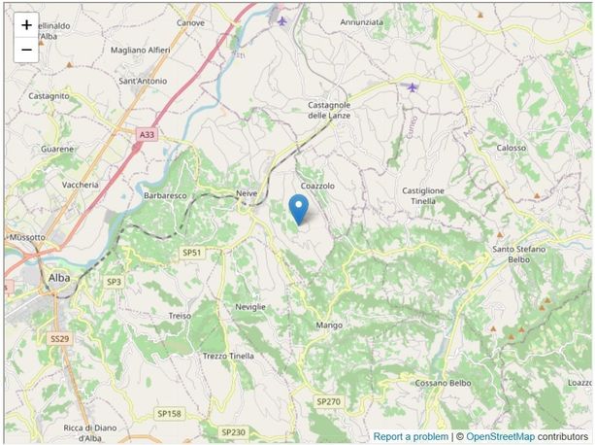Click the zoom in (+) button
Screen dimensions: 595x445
pyautogui.click(x=26, y=25)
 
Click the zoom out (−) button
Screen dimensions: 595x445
pyautogui.click(x=26, y=50)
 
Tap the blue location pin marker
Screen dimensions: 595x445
pyautogui.click(x=299, y=208)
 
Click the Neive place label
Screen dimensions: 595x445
pyautogui.click(x=248, y=194)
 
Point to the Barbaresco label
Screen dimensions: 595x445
pyautogui.click(x=164, y=194)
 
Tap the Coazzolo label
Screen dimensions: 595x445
pyautogui.click(x=317, y=185)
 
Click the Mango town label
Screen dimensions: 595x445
pyautogui.click(x=329, y=325)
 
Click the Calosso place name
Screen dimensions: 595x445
pyautogui.click(x=512, y=148)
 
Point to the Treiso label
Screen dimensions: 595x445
pyautogui.click(x=180, y=316)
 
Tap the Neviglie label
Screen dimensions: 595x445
pyautogui.click(x=250, y=306)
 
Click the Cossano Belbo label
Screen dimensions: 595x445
pyautogui.click(x=443, y=383)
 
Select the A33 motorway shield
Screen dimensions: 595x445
pyautogui.click(x=147, y=135)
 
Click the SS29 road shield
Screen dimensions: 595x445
pyautogui.click(x=60, y=338)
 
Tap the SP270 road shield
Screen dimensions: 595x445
pyautogui.click(x=328, y=401)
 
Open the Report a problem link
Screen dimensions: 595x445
pyautogui.click(x=411, y=437)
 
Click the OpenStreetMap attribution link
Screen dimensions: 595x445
pyautogui.click(x=500, y=437)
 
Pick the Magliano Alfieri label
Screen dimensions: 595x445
pyautogui.click(x=141, y=50)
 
